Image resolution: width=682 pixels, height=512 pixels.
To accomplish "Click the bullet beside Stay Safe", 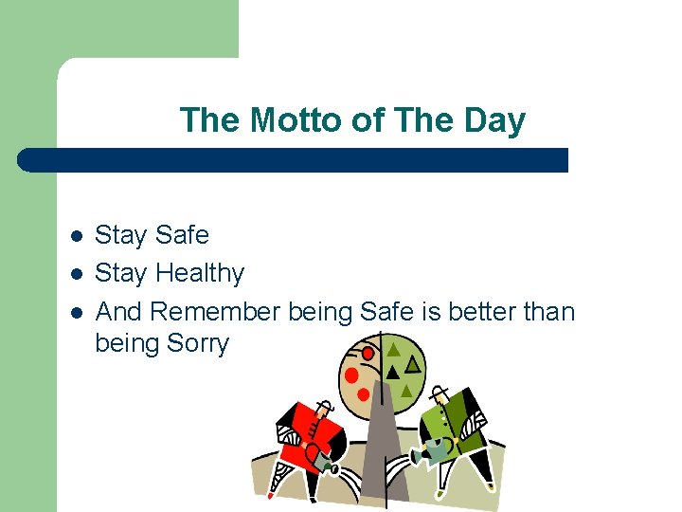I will [77, 235].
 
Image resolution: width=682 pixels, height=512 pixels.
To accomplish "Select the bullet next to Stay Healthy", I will [77, 274].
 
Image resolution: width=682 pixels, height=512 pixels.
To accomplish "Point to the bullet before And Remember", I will [77, 312].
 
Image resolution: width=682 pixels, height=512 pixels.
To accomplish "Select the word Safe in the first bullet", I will [180, 234].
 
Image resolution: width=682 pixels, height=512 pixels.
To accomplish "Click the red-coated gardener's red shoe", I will [270, 494].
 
